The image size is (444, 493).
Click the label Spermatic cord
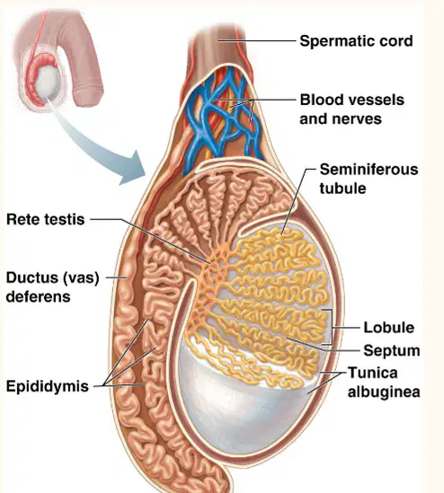[356, 41]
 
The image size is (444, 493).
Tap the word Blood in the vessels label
[322, 100]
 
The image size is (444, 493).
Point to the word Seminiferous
[369, 170]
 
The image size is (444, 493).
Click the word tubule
[342, 189]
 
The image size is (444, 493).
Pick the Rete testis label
[46, 219]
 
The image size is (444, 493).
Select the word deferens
[38, 296]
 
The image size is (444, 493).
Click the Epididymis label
[48, 386]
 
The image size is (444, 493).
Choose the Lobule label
[389, 327]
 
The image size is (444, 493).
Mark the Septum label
[392, 350]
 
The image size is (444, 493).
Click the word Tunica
[373, 373]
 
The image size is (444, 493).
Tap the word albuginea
[384, 392]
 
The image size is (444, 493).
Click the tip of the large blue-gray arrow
[145, 173]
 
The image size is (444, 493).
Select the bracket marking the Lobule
[331, 327]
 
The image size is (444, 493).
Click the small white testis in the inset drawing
[48, 82]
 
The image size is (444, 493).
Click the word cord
[395, 41]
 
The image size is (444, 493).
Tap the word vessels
[376, 100]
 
